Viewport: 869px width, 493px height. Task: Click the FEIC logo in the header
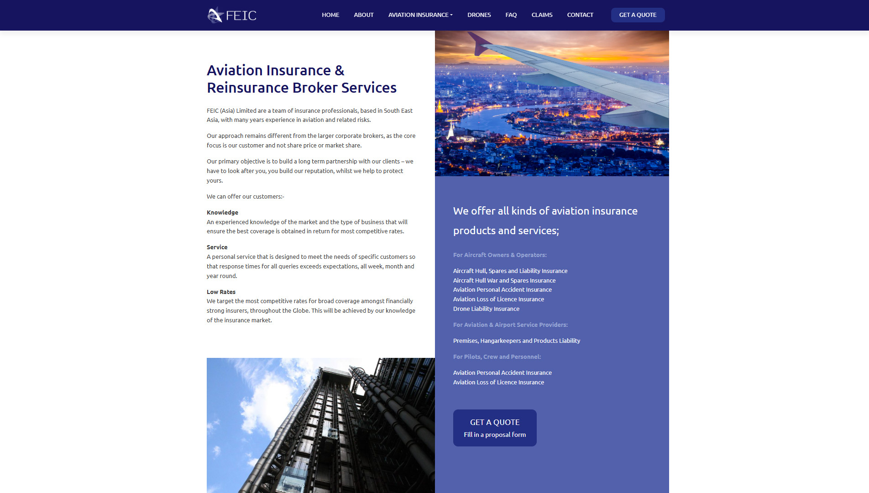click(232, 15)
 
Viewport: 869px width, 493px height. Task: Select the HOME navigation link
click(330, 15)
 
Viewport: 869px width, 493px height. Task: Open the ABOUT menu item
click(364, 15)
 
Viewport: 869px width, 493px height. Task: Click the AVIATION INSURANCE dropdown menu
click(420, 15)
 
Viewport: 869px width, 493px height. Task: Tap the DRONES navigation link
click(479, 15)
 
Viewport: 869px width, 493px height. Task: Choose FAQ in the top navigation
click(511, 15)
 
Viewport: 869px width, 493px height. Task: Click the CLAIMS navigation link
click(542, 15)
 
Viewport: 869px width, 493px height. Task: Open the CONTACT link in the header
click(580, 15)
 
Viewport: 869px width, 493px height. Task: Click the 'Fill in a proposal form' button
click(495, 428)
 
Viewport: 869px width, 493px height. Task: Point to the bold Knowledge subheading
click(222, 212)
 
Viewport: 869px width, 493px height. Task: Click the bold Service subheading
click(217, 247)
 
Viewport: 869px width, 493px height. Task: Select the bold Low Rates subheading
click(221, 292)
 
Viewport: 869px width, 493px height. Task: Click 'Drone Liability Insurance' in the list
click(486, 309)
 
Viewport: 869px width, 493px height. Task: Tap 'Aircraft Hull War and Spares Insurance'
click(504, 280)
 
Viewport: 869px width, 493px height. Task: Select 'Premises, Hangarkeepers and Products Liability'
click(517, 341)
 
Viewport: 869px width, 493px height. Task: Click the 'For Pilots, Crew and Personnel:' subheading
click(497, 357)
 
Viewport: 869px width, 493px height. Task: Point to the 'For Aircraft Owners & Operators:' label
click(500, 255)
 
